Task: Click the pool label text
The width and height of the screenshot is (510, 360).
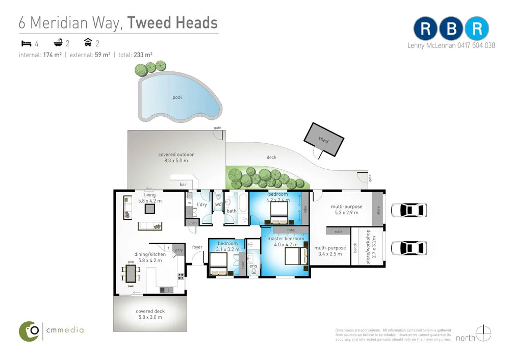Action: pos(177,97)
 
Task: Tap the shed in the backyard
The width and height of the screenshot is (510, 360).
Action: pos(323,139)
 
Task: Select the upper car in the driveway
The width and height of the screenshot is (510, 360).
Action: pos(408,210)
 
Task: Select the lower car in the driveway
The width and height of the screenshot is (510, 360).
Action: pos(408,248)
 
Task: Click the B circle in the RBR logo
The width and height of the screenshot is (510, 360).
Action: pos(451,29)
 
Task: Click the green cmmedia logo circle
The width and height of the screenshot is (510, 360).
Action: pos(29,331)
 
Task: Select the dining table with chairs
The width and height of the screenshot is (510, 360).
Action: pos(131,273)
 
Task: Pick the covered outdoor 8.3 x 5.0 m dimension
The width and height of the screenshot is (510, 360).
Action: pos(176,161)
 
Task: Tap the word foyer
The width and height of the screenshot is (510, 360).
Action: pos(197,247)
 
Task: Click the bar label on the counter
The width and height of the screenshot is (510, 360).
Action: pos(183,184)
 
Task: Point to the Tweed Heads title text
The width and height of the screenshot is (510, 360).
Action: pos(172,23)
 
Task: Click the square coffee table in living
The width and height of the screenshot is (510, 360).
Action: pos(150,208)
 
